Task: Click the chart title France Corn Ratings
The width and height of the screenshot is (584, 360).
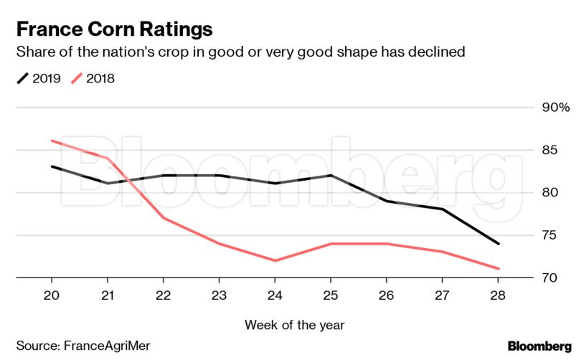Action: point(114,29)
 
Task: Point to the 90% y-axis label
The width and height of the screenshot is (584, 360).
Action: point(555,108)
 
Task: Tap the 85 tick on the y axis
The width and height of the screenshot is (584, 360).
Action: point(550,151)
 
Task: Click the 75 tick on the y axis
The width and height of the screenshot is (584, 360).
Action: point(550,236)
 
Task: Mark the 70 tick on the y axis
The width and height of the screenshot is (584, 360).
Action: point(550,278)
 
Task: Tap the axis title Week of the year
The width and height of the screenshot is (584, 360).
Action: point(294,325)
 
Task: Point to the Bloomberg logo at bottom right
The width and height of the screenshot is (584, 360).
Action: point(540,346)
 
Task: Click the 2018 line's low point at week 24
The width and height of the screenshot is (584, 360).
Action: point(275,260)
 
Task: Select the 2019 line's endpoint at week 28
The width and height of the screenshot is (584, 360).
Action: point(499,244)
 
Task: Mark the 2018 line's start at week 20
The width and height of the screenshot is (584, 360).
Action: point(52,141)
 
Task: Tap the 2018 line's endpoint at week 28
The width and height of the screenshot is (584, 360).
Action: point(499,269)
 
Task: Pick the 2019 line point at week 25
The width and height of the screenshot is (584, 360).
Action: point(331,175)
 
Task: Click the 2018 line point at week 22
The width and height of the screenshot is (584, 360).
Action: point(164,218)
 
